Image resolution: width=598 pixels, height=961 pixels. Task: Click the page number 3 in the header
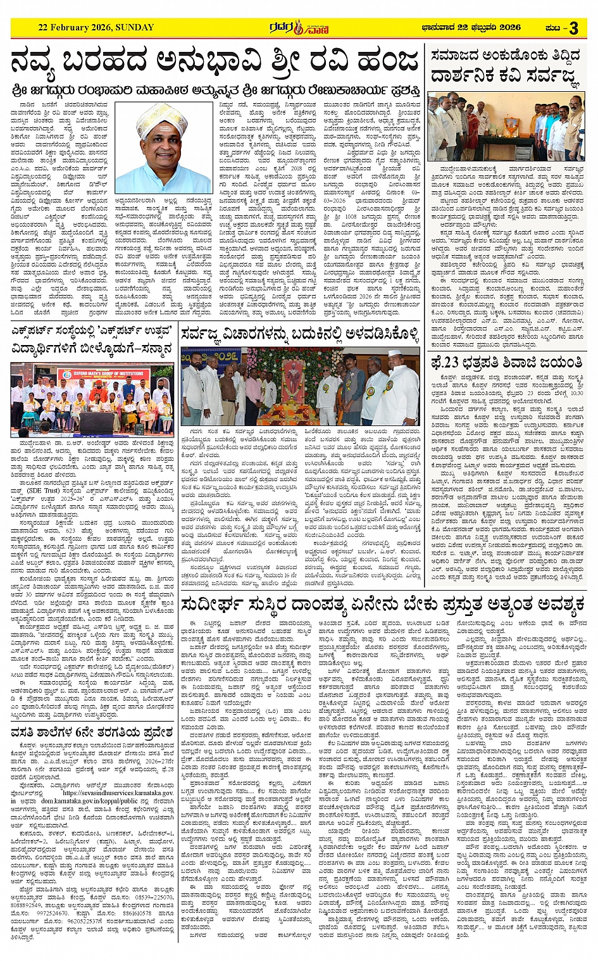[573, 28]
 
